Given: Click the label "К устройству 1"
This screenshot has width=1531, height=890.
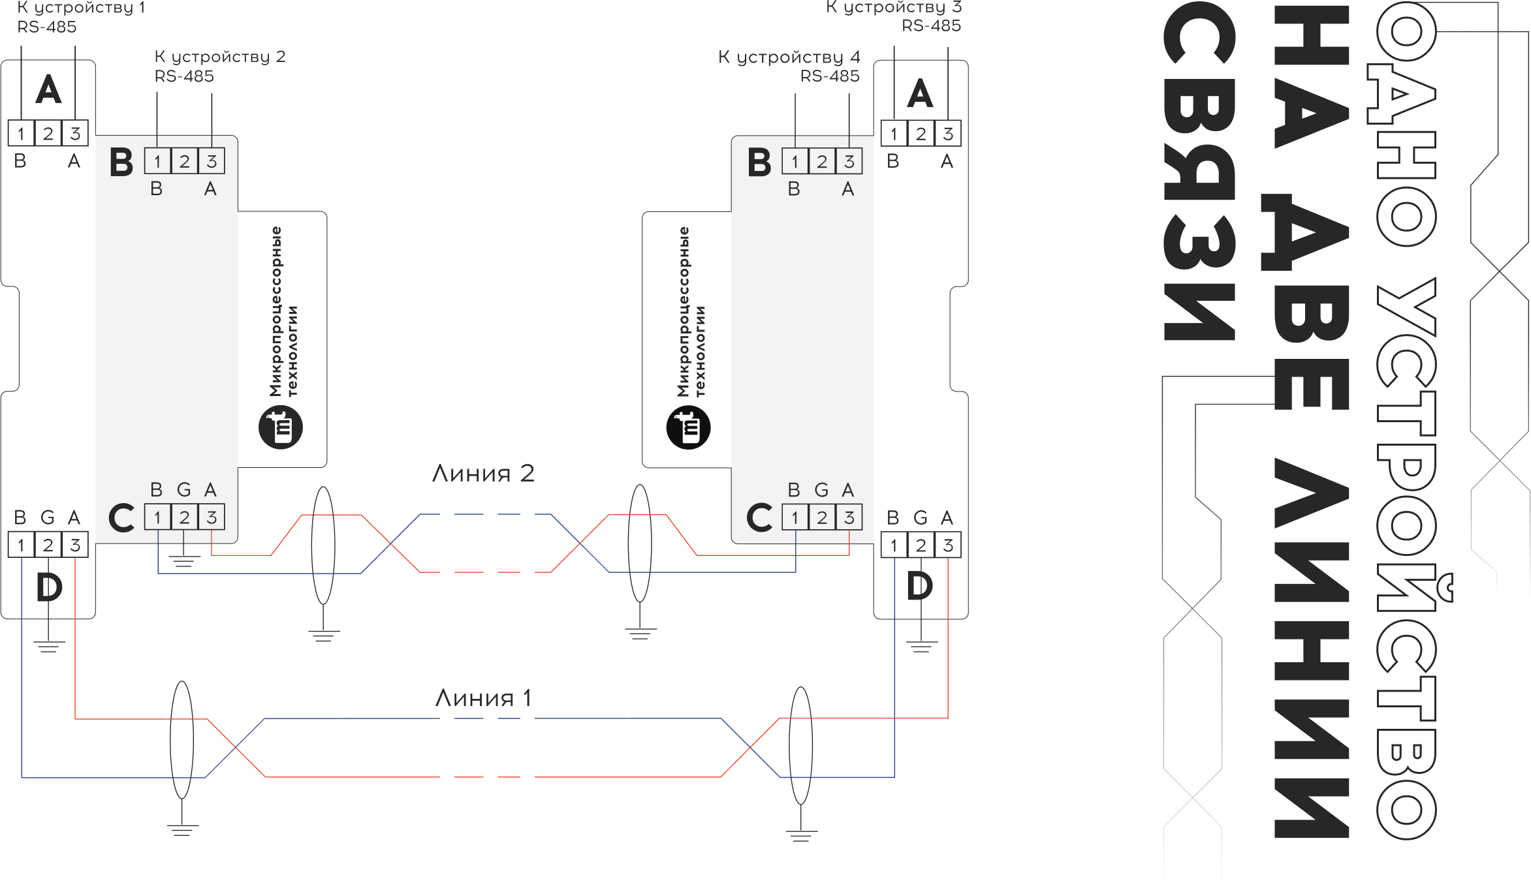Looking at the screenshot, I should (x=81, y=8).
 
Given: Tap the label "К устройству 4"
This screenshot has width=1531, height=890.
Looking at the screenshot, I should (x=789, y=57).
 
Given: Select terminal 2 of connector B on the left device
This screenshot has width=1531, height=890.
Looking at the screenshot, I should (x=184, y=161).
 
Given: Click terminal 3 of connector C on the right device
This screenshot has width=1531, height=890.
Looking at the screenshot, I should (x=849, y=517).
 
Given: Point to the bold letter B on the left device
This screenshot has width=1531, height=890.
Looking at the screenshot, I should (x=121, y=162).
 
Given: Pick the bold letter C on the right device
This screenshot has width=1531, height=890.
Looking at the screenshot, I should (x=759, y=518).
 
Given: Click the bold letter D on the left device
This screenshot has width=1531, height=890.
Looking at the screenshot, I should (x=49, y=587).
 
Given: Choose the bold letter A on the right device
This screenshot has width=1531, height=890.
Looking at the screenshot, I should (x=920, y=94).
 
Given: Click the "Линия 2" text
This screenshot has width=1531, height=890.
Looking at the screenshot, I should (x=483, y=473).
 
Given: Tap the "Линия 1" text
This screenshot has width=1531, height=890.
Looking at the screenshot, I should (x=484, y=699).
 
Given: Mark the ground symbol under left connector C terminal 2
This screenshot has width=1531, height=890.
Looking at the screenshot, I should (x=183, y=560).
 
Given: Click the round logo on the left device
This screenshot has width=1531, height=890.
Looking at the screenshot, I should (x=281, y=427).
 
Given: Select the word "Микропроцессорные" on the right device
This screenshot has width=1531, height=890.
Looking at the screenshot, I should (x=684, y=311).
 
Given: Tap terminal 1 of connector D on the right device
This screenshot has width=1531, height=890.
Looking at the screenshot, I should (x=893, y=545).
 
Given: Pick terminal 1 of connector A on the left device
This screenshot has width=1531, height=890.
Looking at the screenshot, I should (x=21, y=134).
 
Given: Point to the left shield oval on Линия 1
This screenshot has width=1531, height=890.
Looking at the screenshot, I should (x=182, y=740).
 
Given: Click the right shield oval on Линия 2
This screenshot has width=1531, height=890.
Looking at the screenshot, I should (x=639, y=544).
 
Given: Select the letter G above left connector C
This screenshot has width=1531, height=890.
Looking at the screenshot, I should (x=184, y=489).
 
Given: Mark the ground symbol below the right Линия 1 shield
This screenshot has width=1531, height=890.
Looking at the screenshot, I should (x=801, y=835).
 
